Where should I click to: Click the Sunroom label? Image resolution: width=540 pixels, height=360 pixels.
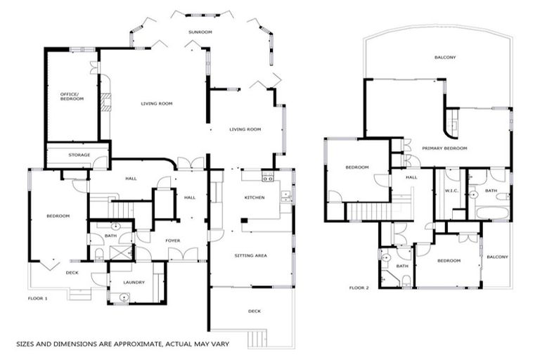point(200,32)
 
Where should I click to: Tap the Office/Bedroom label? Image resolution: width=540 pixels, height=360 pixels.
point(71,96)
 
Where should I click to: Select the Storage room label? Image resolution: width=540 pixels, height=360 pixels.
point(79,155)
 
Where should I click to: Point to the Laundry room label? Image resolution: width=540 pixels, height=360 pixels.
point(134,282)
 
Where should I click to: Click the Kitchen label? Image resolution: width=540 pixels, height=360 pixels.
point(254,198)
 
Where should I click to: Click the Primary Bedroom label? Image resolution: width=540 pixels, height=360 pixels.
point(444,148)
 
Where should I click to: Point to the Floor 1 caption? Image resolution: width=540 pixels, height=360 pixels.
point(38,299)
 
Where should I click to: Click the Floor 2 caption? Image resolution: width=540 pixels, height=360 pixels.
point(359,288)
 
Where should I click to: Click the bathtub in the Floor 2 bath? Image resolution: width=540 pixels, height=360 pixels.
point(491,212)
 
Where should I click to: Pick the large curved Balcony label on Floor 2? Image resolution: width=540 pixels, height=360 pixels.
point(444,58)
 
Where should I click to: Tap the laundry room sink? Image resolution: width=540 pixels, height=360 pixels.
point(124,297)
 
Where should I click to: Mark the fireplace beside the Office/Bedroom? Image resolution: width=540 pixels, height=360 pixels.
point(106,103)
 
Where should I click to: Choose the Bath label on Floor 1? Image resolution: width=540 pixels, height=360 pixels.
point(110,236)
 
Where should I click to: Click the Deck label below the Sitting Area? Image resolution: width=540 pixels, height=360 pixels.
point(254,310)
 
